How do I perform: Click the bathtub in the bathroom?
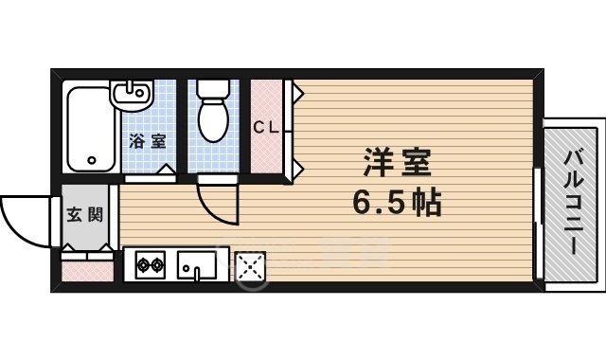click(x=90, y=128)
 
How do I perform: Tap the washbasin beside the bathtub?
click(x=133, y=94)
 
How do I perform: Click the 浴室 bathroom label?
click(x=148, y=142)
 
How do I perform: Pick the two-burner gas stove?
click(x=150, y=266)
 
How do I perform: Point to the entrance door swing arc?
click(x=24, y=221)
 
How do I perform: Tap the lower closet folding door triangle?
click(x=297, y=168)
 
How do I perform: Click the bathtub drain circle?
click(x=93, y=160)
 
